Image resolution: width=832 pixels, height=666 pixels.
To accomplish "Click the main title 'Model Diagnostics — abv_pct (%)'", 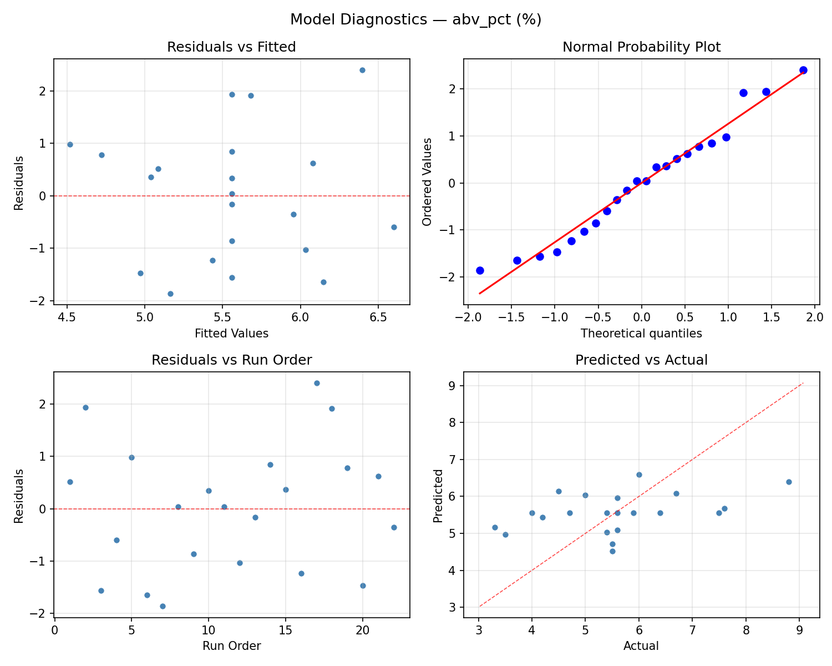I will [x=415, y=20].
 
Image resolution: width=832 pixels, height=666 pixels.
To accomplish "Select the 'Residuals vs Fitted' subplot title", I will [x=231, y=47].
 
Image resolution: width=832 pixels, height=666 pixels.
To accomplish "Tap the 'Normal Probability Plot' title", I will [x=641, y=47].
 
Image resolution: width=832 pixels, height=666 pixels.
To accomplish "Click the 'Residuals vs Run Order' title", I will [x=231, y=360].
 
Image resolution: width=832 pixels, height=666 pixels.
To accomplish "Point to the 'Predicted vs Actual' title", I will [x=641, y=360].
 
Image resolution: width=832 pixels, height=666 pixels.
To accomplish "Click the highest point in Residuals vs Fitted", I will [x=362, y=70].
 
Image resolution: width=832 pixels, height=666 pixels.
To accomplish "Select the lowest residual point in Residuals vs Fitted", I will [x=170, y=294].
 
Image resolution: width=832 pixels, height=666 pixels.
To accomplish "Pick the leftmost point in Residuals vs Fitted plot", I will [x=70, y=144].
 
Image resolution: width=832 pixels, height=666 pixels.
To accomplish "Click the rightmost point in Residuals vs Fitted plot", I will [x=394, y=227].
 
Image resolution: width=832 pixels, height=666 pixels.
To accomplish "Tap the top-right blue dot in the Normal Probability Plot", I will [x=803, y=70].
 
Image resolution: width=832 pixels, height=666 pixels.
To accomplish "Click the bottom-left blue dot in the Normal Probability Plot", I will [x=480, y=270].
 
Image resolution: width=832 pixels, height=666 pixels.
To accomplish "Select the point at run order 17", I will [x=317, y=383].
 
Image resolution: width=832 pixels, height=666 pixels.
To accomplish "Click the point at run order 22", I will [x=394, y=527].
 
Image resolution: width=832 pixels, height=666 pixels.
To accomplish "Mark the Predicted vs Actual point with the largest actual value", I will [x=789, y=482].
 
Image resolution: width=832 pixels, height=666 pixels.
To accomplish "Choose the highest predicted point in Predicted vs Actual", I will [x=639, y=475].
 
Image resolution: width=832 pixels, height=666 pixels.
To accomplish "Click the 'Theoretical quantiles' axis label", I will [x=641, y=334].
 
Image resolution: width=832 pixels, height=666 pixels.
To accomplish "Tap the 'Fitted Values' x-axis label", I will [x=231, y=334].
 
